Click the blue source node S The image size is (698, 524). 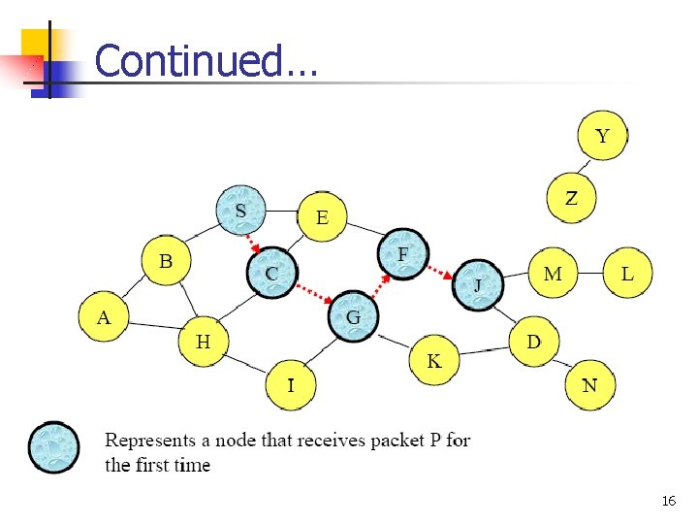[241, 211]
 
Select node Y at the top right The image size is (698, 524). [602, 136]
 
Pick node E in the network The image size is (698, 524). [322, 218]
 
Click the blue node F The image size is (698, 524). [403, 254]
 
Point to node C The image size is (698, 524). [271, 274]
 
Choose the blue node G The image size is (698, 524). [353, 316]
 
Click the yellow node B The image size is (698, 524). [166, 261]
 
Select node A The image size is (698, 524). [104, 317]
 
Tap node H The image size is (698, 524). [203, 342]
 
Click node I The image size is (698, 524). [290, 385]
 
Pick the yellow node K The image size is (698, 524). [433, 361]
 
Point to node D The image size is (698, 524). [534, 342]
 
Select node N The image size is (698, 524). [589, 385]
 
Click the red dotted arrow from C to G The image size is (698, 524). [312, 294]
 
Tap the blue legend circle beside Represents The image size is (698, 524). [53, 447]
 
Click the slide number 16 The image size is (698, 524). [668, 501]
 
